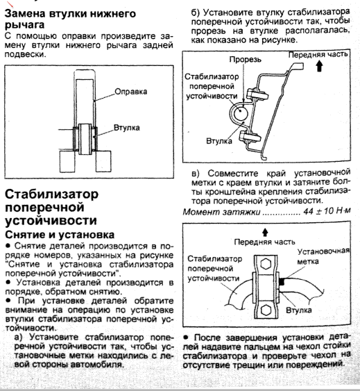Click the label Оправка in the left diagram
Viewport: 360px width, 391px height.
[x=131, y=92]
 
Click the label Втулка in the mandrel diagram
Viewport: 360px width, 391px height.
[x=126, y=128]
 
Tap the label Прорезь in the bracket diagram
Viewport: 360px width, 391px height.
[x=245, y=59]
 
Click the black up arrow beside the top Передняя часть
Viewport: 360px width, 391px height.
[x=319, y=66]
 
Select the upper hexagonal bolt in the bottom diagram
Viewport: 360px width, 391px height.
[x=266, y=264]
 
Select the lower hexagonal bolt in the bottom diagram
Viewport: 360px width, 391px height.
[x=266, y=310]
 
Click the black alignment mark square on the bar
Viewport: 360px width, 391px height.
[x=282, y=282]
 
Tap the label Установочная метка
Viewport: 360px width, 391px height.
[x=323, y=256]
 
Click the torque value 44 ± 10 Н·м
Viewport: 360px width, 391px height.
[x=327, y=211]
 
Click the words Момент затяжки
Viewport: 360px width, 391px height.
[x=221, y=212]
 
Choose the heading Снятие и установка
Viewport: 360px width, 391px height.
[x=60, y=235]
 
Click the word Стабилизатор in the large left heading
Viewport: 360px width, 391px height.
[x=52, y=194]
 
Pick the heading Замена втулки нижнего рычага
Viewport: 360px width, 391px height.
[x=70, y=19]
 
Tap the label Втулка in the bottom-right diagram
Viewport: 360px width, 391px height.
[x=299, y=310]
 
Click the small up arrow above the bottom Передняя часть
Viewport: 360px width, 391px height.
[x=265, y=233]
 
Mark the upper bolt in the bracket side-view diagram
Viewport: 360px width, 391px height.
[x=257, y=95]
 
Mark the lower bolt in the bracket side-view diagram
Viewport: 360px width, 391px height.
[x=250, y=138]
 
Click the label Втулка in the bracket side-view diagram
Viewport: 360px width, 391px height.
[x=219, y=141]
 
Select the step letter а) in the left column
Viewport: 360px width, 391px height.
[x=19, y=337]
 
